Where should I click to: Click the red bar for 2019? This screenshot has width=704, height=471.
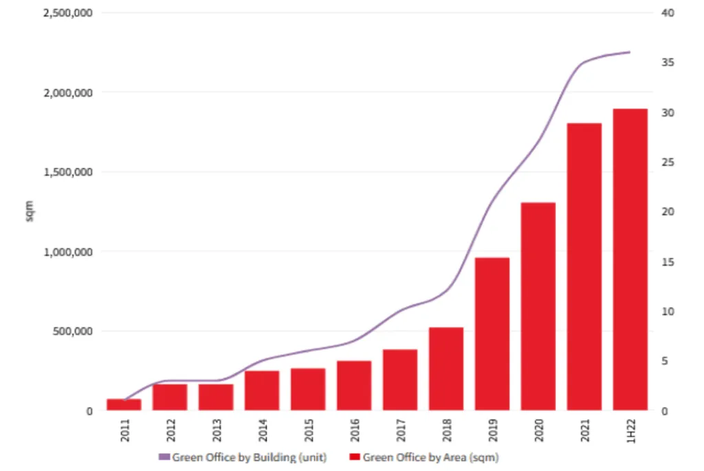tap(492, 334)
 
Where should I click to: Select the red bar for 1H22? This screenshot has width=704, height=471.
tap(630, 260)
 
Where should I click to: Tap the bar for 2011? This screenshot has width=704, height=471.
tap(124, 404)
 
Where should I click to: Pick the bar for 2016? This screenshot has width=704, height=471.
tap(354, 386)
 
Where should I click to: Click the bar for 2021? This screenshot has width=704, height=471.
tap(584, 267)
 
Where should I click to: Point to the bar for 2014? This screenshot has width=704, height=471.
tap(262, 391)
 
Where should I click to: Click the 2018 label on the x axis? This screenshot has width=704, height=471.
tap(446, 431)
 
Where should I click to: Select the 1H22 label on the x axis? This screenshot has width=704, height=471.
tap(630, 431)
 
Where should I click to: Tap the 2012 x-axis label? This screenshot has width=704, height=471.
tap(170, 431)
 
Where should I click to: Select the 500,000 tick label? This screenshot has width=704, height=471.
tap(74, 331)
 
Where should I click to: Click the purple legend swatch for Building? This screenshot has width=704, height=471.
tap(164, 457)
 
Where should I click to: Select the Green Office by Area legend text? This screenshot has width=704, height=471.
tap(430, 457)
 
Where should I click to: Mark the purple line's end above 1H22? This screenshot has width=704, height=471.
tap(629, 52)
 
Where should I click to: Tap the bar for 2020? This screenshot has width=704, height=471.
tap(538, 307)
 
